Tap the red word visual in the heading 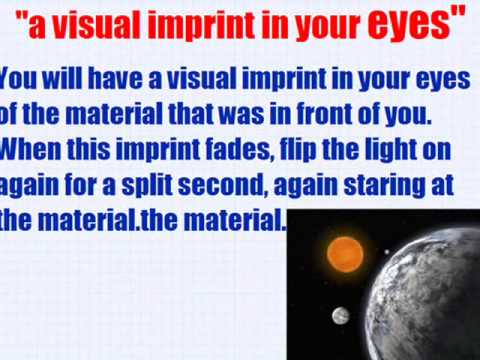(97, 25)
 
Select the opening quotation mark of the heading (22, 17)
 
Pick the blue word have (115, 78)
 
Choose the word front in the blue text (324, 114)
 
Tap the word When (31, 149)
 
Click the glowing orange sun (345, 255)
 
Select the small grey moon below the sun (341, 315)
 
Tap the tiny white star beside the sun (387, 252)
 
